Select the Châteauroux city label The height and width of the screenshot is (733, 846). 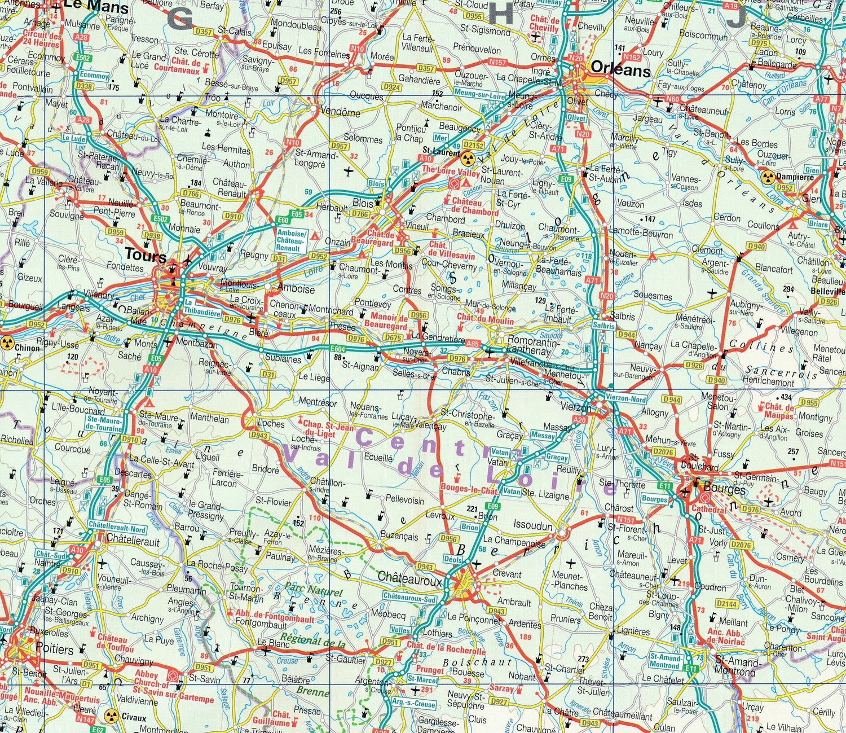point(409,577)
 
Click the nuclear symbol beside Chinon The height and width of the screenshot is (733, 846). point(7,341)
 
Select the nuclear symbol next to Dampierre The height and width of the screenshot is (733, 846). point(766,177)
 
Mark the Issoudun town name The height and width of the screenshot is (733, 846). point(532,526)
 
